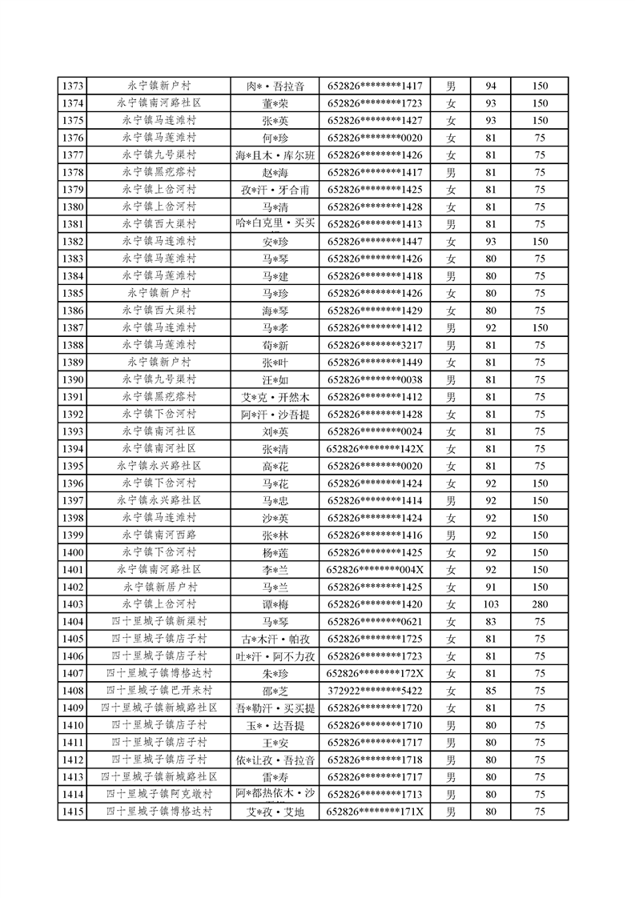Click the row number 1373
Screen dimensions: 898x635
pos(73,86)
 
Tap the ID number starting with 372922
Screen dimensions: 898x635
pos(375,691)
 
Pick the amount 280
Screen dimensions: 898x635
pos(540,604)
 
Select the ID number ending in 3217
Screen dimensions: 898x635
pos(375,345)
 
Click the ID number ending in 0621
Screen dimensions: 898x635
pos(375,622)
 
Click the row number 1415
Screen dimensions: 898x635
pos(73,812)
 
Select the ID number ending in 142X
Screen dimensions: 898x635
pos(375,449)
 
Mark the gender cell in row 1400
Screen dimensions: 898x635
pos(451,552)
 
